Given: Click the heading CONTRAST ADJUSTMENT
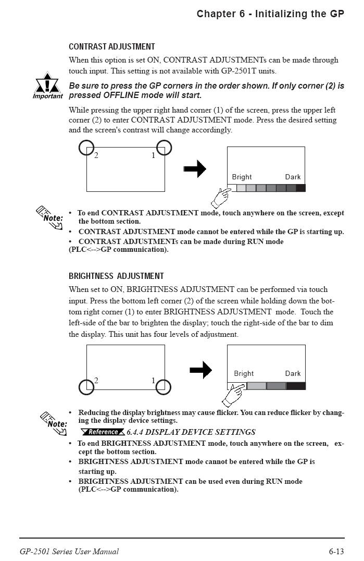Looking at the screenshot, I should coord(111,47).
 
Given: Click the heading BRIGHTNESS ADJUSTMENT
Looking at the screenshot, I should coord(116,276).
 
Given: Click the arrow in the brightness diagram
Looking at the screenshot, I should coord(200,370).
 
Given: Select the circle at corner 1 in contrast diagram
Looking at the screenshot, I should coord(164,148).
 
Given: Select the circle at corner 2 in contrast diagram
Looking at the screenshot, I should coord(86,148).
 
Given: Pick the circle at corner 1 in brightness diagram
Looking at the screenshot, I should coord(164,386).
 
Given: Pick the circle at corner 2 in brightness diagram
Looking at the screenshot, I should coord(86,387).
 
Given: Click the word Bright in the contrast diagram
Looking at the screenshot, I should coord(242,177).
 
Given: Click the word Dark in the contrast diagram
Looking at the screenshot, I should coord(293,177).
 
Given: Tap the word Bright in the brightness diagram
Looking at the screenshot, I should coord(244,373).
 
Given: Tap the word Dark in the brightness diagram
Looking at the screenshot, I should coord(293,373).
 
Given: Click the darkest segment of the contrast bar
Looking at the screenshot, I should coord(300,188).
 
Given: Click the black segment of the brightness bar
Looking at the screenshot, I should coord(296,386).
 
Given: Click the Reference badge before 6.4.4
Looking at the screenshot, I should coord(103,432).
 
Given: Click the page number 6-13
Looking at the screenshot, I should coord(336,551).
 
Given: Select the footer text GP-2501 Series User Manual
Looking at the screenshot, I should coord(69,551).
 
